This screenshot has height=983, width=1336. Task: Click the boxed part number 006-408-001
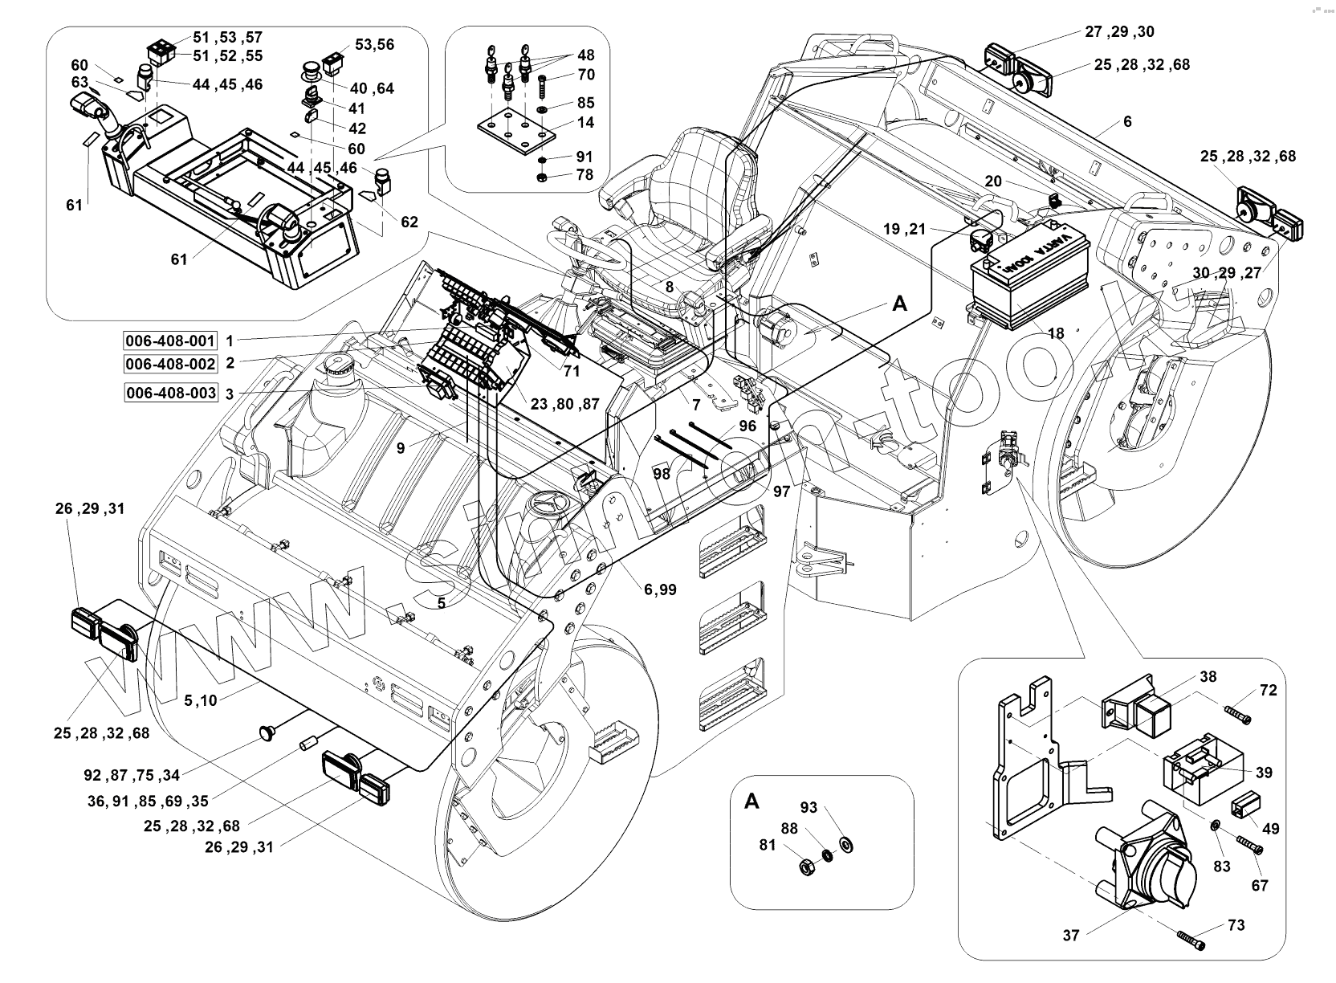click(170, 341)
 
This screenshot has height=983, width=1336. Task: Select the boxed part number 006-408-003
click(170, 393)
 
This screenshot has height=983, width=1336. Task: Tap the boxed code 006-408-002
click(170, 364)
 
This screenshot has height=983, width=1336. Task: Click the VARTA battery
click(1031, 275)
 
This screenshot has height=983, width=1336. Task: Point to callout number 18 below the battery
click(1056, 333)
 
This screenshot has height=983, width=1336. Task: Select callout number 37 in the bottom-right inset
click(1071, 936)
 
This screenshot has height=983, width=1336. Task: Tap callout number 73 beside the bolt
click(1236, 925)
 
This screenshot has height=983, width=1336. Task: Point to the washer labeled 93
click(845, 845)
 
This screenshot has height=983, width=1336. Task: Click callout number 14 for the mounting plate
click(585, 122)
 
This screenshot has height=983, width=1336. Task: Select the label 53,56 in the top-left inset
click(375, 45)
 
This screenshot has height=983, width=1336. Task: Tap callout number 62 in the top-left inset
click(409, 222)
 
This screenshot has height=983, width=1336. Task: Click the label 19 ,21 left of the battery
click(904, 229)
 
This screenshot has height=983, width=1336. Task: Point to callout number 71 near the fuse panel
click(572, 371)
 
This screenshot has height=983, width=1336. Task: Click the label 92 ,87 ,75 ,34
click(132, 776)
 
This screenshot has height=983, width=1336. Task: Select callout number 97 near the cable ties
click(781, 491)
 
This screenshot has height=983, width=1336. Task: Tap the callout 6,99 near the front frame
click(660, 590)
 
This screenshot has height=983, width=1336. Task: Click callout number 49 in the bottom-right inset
click(1271, 829)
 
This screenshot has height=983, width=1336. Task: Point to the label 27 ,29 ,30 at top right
click(1119, 31)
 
